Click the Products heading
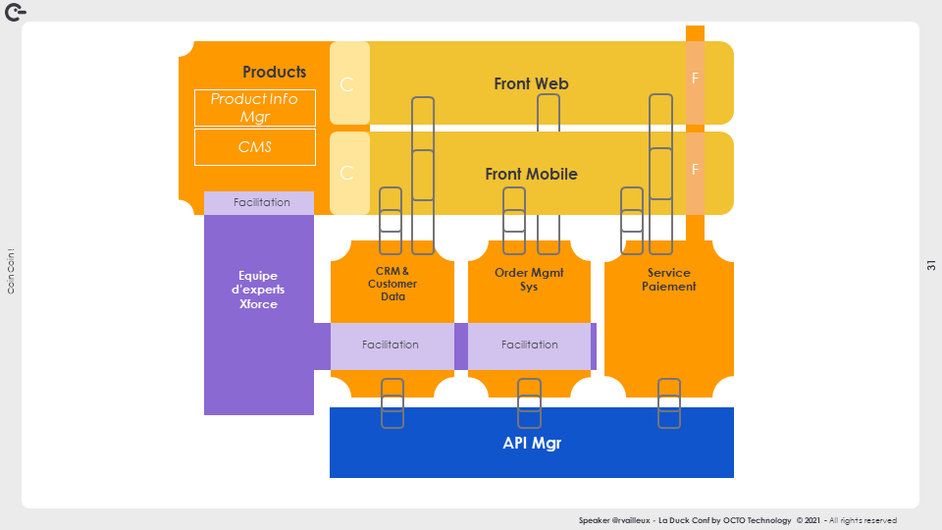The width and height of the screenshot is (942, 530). (274, 72)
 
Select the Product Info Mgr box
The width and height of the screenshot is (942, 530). (255, 108)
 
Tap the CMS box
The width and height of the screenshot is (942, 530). (255, 147)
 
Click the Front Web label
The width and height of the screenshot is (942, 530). (531, 84)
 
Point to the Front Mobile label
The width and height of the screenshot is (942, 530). (531, 175)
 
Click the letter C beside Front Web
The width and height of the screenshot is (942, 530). (346, 84)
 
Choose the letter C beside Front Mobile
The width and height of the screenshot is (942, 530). (346, 174)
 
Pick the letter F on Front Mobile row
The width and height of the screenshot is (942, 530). (695, 170)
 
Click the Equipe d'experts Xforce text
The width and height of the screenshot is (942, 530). (259, 290)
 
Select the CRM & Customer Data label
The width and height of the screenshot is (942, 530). (392, 284)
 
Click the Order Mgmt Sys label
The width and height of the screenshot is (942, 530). (529, 280)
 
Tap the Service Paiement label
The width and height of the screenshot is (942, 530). (669, 280)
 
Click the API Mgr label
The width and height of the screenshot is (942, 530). (532, 444)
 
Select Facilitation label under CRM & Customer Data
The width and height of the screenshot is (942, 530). (391, 344)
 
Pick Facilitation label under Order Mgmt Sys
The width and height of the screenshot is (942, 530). (530, 344)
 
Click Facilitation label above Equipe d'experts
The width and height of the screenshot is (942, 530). (262, 202)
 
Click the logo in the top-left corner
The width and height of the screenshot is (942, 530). (16, 11)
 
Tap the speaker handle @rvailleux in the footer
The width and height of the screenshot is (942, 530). (632, 520)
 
